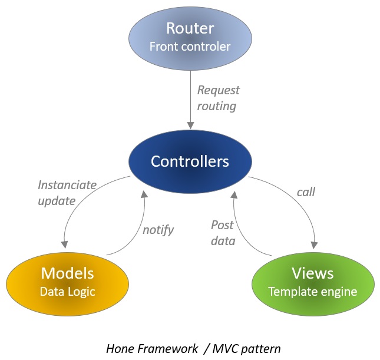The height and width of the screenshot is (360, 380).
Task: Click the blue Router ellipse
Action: tap(190, 37)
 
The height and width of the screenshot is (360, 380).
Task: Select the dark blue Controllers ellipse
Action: tap(190, 161)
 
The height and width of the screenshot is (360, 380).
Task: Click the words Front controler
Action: tap(190, 47)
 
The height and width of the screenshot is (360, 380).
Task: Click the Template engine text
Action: tap(313, 291)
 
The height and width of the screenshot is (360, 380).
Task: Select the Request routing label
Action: tap(217, 98)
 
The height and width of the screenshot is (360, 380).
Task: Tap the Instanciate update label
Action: tap(67, 193)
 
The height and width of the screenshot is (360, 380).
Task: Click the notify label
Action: tap(158, 230)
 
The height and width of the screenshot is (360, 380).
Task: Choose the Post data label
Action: tap(223, 232)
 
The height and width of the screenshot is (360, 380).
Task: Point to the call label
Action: tap(306, 191)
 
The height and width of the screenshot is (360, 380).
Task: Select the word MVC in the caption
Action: tap(227, 348)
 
